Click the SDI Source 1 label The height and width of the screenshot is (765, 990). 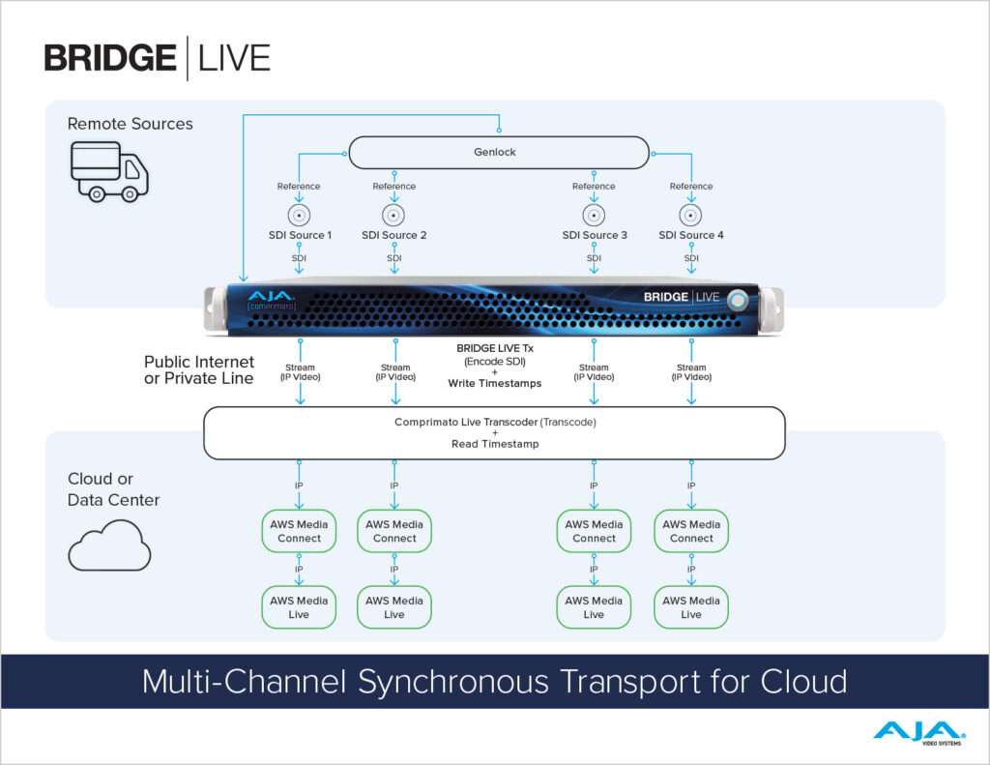(300, 235)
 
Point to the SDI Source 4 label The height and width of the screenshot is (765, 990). (691, 235)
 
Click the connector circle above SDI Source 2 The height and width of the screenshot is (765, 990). (393, 215)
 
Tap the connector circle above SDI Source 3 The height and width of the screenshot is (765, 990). (594, 215)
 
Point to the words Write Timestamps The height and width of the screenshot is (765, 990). (495, 383)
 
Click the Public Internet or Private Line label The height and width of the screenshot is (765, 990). (199, 370)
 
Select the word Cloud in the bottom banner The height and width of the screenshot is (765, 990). (803, 682)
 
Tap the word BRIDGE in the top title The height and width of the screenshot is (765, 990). (110, 58)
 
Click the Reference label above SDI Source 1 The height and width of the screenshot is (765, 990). (299, 187)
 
